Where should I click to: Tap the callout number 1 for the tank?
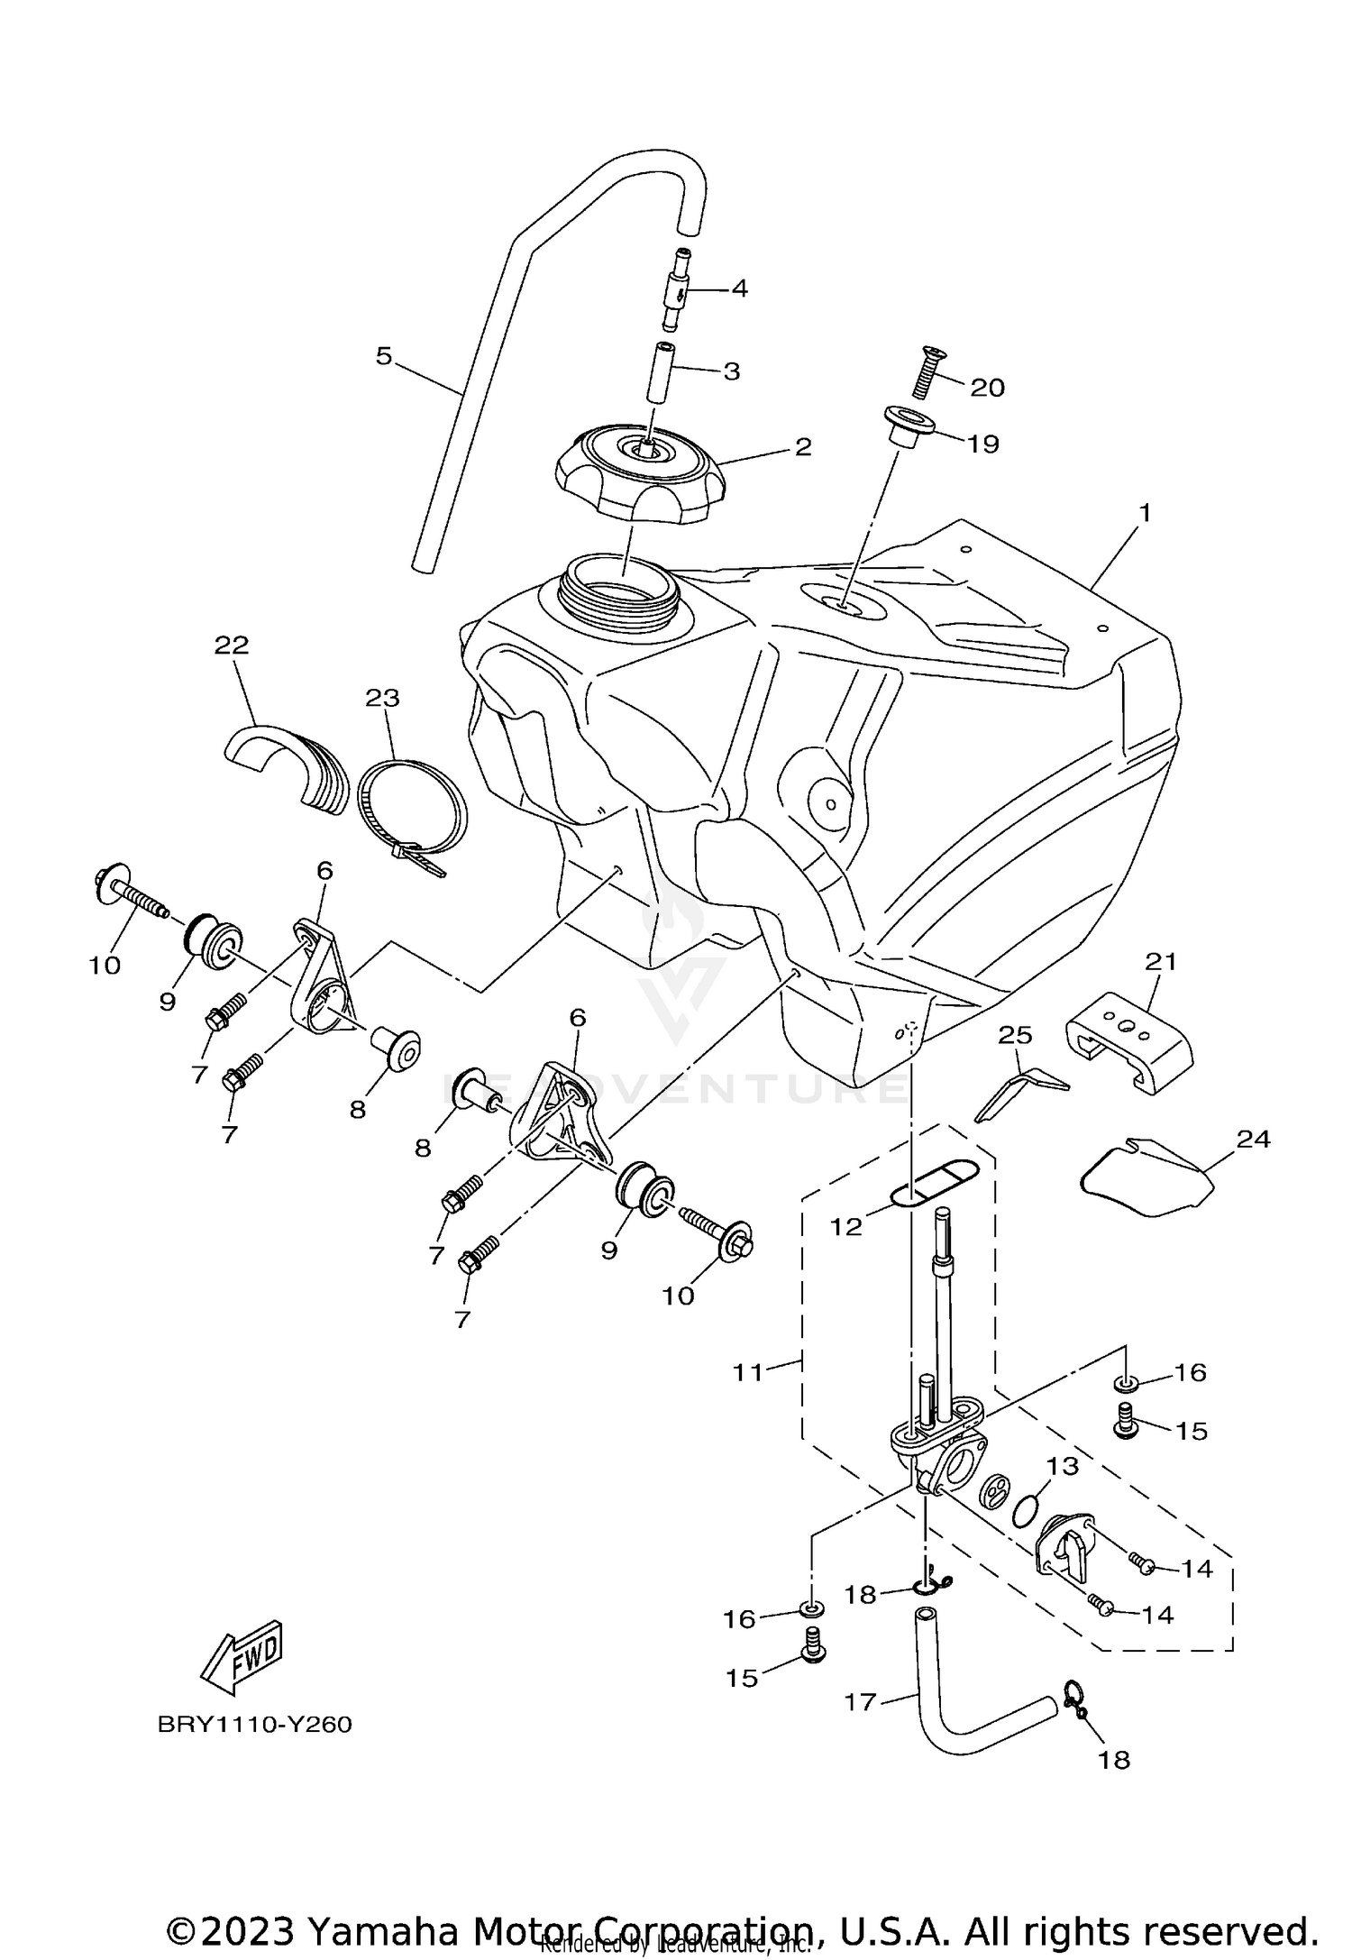click(1144, 513)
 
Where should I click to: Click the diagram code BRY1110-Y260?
click(254, 1725)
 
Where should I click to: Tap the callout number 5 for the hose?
click(384, 356)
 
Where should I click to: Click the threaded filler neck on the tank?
click(616, 585)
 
